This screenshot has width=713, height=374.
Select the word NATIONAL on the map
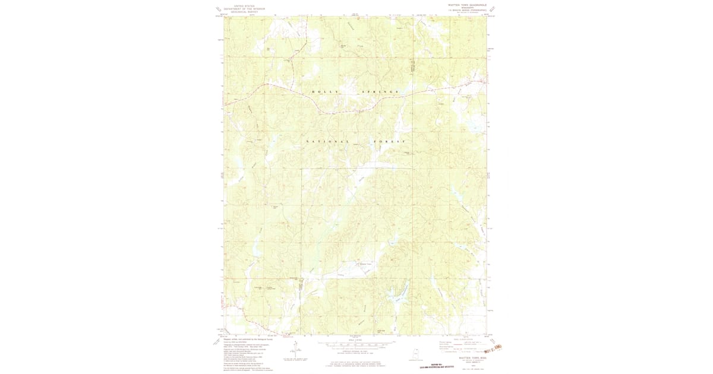click(x=327, y=141)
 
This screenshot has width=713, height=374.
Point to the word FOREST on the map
click(x=389, y=141)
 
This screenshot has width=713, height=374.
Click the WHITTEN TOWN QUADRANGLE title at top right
click(x=467, y=4)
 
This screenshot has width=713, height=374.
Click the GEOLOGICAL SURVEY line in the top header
click(x=242, y=12)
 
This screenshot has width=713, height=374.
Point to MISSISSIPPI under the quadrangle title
click(x=467, y=7)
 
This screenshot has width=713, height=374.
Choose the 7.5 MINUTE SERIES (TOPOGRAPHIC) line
click(x=467, y=10)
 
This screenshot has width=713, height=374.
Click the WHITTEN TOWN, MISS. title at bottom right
click(x=467, y=358)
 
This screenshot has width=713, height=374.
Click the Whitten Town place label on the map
click(x=365, y=264)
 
